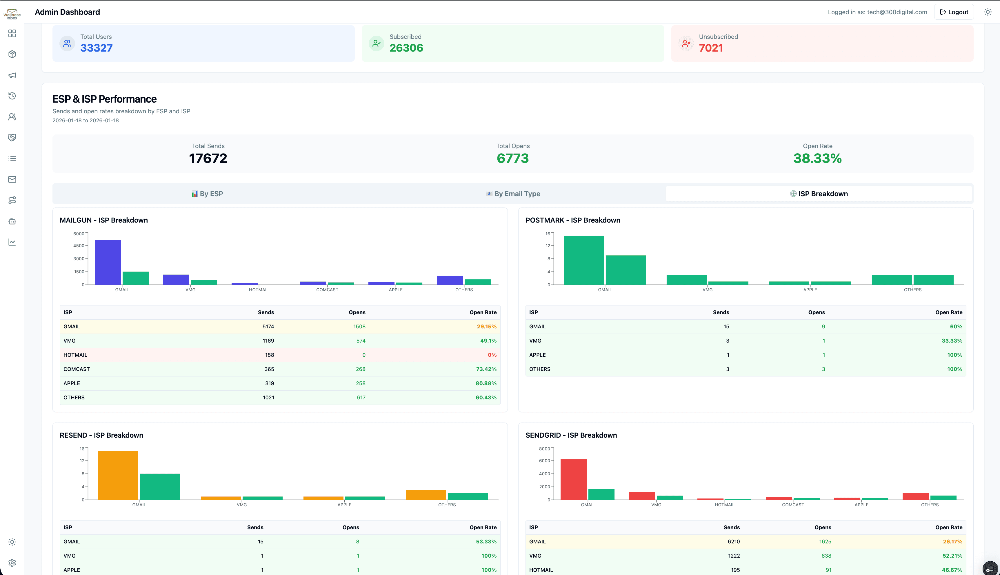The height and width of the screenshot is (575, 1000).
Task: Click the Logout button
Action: click(x=954, y=12)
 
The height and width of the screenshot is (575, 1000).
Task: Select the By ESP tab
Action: click(x=207, y=194)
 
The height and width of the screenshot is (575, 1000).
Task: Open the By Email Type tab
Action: click(x=513, y=194)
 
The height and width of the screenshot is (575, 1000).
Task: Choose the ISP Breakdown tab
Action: click(x=819, y=194)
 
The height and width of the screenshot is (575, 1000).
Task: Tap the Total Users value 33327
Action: click(x=96, y=48)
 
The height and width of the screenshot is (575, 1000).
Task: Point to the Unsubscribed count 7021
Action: click(x=710, y=48)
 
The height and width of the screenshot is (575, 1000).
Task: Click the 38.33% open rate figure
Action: click(x=817, y=158)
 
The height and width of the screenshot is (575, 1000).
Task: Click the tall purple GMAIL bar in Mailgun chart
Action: click(x=108, y=262)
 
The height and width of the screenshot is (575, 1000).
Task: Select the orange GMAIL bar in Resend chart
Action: click(x=118, y=475)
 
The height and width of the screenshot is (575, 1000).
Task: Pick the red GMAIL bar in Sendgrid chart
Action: click(x=573, y=479)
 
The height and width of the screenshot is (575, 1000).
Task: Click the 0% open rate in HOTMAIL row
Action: click(x=492, y=355)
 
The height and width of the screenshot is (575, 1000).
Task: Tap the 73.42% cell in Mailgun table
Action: click(x=486, y=369)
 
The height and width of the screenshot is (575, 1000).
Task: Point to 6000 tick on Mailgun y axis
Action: click(x=79, y=234)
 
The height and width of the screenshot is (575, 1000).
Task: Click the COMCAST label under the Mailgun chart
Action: click(x=327, y=290)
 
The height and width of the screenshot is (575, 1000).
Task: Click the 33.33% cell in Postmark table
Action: click(x=951, y=341)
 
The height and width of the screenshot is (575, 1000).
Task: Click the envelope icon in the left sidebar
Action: click(x=12, y=179)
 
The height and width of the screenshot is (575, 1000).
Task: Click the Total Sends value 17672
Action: click(x=208, y=158)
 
